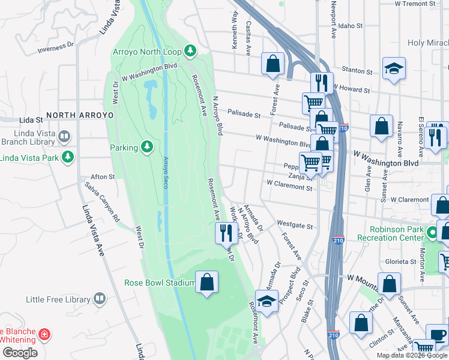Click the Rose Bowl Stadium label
coord(160,283)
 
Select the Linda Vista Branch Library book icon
coord(64,137)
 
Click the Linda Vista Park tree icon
coord(68,157)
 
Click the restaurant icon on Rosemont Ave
coord(226,232)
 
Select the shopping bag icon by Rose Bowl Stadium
coord(206,283)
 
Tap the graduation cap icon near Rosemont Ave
coord(267,302)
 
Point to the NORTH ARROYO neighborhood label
coord(80,115)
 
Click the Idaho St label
coord(351,26)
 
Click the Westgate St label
coord(295,225)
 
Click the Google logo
coord(20,353)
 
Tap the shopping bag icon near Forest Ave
coord(273,64)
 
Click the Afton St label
coord(102,177)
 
